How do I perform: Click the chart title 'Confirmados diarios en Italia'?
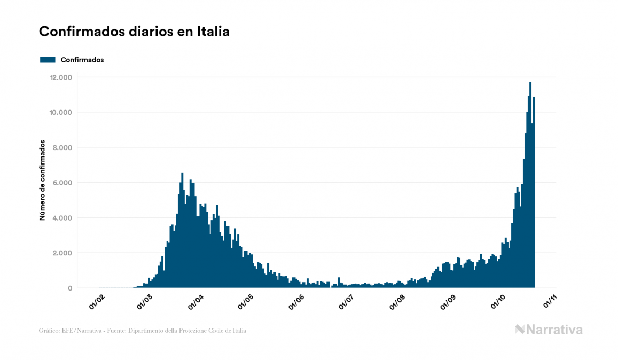coord(134,32)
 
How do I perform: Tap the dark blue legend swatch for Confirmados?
coord(48,60)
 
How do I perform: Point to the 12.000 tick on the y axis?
coord(60,77)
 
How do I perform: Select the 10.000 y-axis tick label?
coord(60,113)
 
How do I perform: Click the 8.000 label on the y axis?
coord(62,148)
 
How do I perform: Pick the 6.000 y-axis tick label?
coord(62,183)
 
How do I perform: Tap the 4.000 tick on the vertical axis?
coord(62,218)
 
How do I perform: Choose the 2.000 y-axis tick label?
coord(62,253)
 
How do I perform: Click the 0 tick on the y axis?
coord(69,288)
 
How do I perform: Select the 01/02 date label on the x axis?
coord(96,301)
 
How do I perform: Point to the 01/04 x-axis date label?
coord(196,301)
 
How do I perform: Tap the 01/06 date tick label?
coord(296,301)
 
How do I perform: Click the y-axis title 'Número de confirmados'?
coord(42,181)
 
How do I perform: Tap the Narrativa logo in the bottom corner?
coord(549,330)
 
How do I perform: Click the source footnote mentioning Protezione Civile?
coord(143,331)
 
